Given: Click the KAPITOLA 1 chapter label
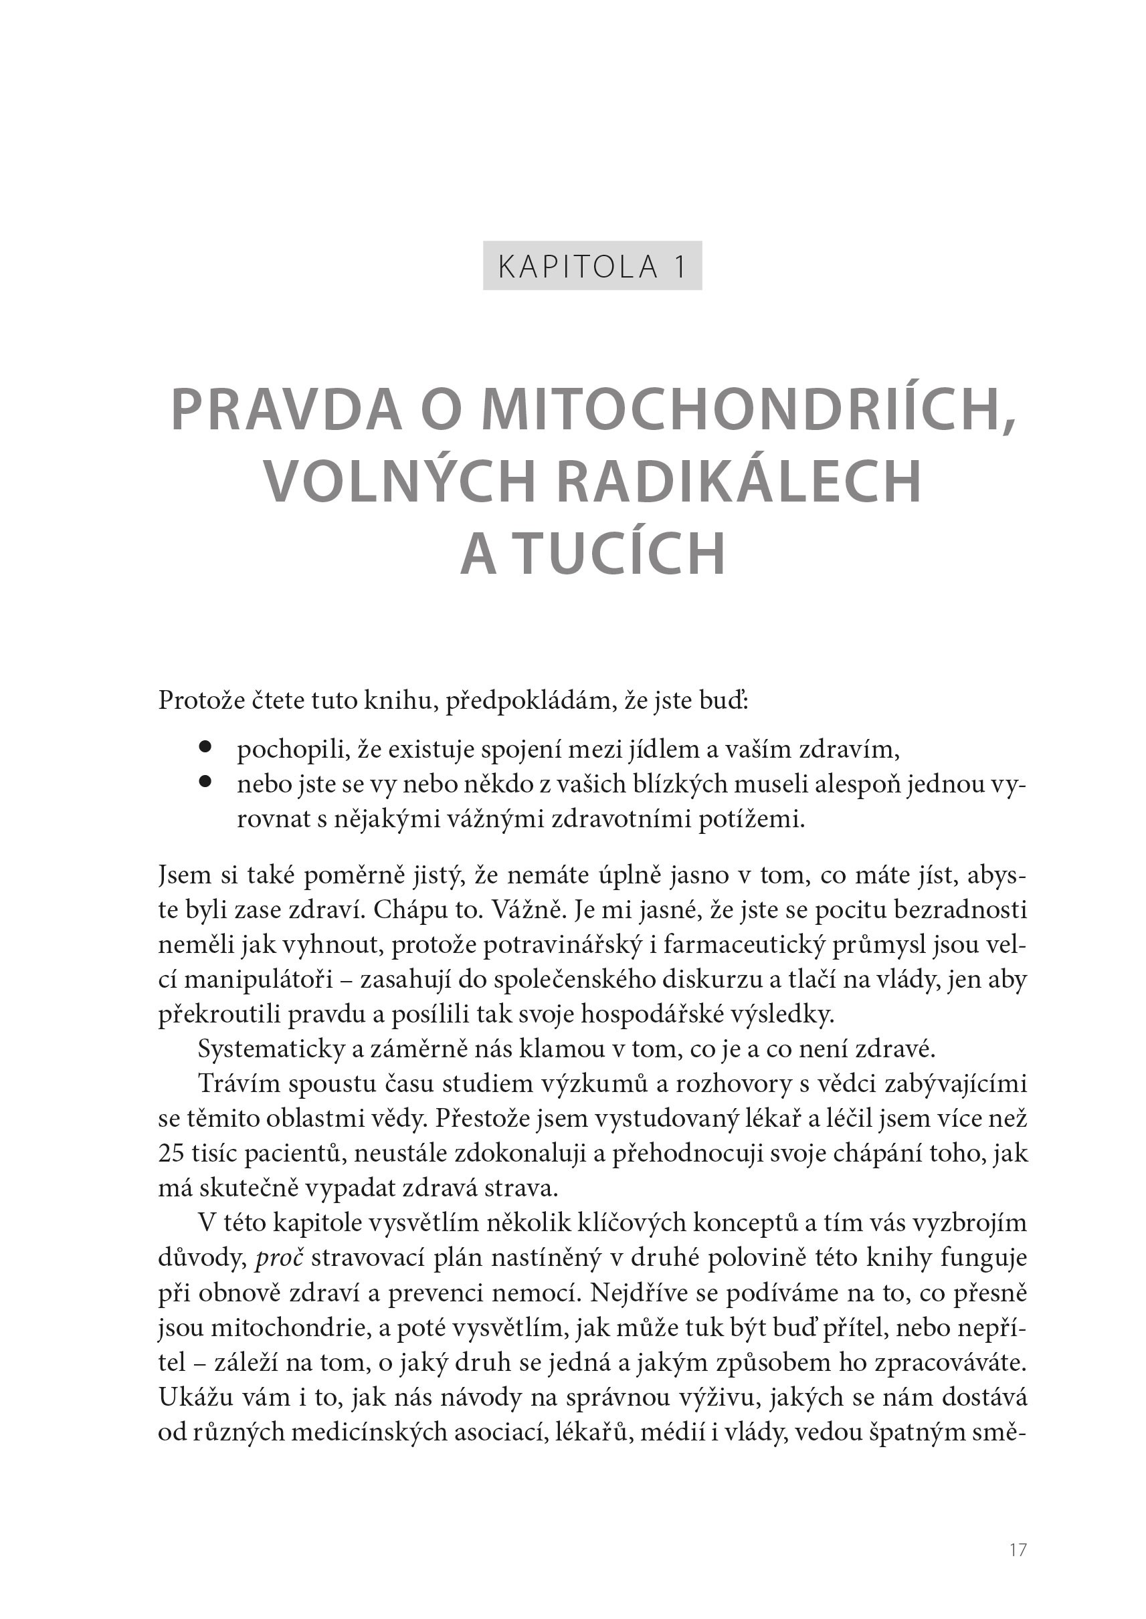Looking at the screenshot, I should point(592,266).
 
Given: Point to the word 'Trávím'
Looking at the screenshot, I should point(240,1083).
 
